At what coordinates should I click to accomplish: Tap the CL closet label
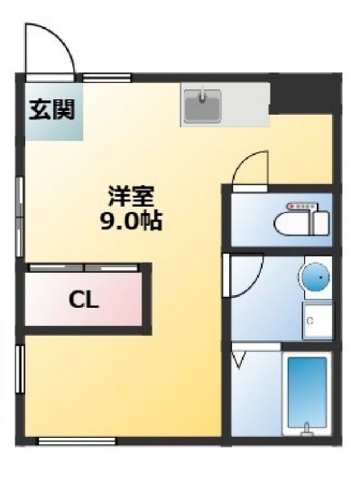84,299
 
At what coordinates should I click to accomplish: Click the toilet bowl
296,221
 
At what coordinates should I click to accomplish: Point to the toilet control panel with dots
300,206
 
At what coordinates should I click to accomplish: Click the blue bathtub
308,394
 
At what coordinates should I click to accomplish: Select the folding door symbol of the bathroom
240,360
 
